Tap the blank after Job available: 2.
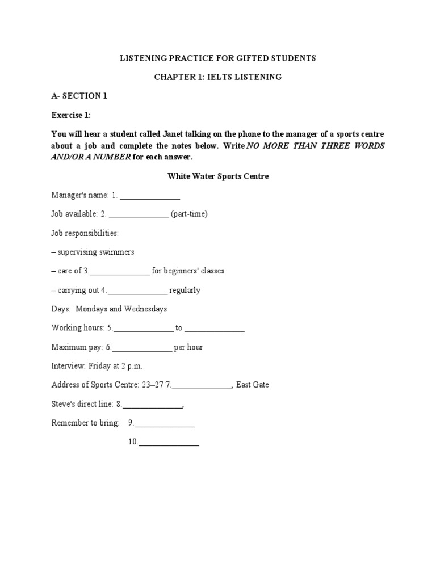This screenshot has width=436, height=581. click(139, 215)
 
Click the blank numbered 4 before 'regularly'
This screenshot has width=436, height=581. click(137, 291)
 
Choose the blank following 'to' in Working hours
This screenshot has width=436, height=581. click(215, 329)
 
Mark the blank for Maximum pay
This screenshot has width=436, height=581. click(142, 348)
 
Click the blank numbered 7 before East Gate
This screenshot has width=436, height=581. click(202, 385)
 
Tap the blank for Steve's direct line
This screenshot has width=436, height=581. click(153, 405)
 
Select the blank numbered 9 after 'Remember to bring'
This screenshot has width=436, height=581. click(165, 423)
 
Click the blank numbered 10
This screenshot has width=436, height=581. click(169, 443)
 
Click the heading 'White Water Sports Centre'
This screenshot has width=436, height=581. click(218, 176)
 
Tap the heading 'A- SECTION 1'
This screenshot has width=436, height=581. click(79, 96)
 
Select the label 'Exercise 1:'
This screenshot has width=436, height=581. click(71, 115)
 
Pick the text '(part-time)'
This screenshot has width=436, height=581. click(189, 214)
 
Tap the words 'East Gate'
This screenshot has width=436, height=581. click(253, 385)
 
